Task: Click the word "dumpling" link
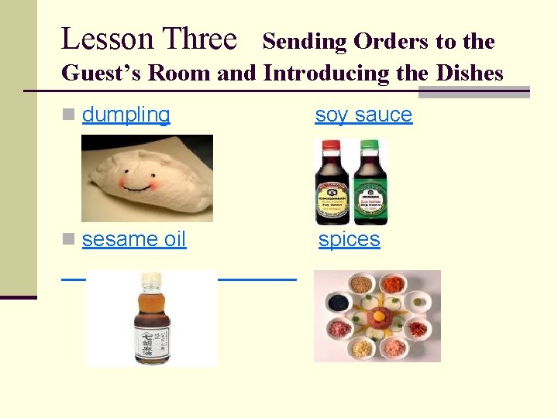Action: (x=126, y=115)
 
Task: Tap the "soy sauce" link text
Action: (x=363, y=115)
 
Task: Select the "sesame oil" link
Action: (x=134, y=239)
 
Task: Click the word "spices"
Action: (x=350, y=239)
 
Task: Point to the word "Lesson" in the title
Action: (x=106, y=39)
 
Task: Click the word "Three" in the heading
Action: (x=199, y=39)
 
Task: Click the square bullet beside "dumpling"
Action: (x=70, y=115)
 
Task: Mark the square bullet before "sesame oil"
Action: (x=70, y=239)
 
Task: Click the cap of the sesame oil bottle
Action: (x=150, y=278)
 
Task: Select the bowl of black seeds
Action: (x=337, y=303)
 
